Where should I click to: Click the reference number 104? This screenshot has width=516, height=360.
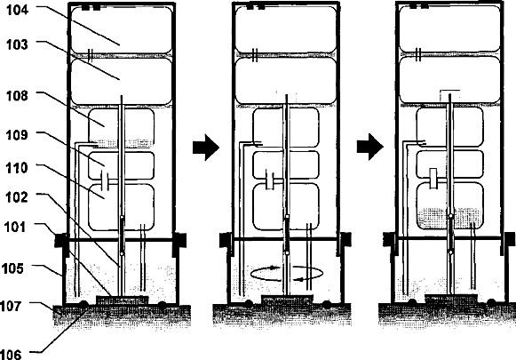pos(18,10)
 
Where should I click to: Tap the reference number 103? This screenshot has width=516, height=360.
pos(18,44)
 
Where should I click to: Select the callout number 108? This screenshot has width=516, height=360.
pos(18,96)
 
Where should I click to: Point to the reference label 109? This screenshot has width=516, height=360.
pos(18,135)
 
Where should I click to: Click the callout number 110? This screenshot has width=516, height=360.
pos(17,168)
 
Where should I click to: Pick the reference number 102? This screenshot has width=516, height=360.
pos(17,197)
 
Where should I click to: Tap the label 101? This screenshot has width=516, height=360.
pos(15,227)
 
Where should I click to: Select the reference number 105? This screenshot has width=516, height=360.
pos(12,268)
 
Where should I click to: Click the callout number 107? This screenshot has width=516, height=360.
pos(11,306)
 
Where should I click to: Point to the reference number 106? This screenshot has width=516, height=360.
pos(11,354)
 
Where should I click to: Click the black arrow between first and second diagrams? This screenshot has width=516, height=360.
pos(206,148)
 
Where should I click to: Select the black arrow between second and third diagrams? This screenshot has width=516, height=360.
pos(370,147)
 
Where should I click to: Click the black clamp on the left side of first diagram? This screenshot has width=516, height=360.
pos(61,240)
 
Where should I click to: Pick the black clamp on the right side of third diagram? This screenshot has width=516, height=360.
pos(508,239)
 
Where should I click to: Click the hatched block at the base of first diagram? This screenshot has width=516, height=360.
pos(122,300)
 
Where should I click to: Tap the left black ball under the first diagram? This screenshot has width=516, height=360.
pos(83,304)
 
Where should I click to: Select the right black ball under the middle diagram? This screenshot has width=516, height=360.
pos(327,304)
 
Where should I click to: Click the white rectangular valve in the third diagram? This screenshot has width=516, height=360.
pos(433,179)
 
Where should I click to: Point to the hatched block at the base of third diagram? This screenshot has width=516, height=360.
pos(451,299)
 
